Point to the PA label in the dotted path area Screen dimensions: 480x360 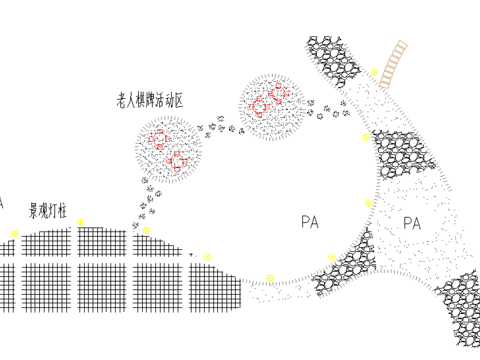(x=411, y=223)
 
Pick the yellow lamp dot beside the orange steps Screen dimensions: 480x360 (x=373, y=72)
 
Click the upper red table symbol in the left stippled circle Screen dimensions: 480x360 (x=159, y=139)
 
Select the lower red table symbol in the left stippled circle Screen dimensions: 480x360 (x=177, y=160)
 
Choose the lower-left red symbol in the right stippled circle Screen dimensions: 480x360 (x=260, y=107)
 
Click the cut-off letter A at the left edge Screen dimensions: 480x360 (x=2, y=203)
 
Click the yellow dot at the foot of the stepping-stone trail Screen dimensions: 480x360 (x=146, y=230)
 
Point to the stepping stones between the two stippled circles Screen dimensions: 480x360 (x=220, y=124)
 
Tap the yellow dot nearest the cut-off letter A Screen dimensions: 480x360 (x=14, y=233)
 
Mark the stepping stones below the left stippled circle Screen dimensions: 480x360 (x=151, y=200)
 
